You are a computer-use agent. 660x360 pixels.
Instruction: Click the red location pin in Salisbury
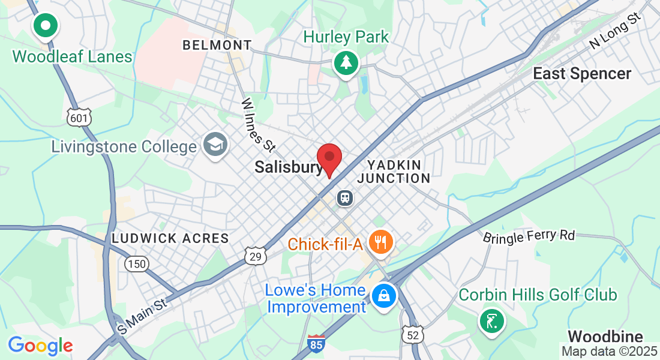point(329,158)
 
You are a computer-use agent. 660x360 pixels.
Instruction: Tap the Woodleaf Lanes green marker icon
point(46,26)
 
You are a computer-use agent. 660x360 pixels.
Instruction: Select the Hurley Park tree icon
point(346,62)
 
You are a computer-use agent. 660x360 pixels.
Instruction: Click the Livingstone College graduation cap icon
point(214,145)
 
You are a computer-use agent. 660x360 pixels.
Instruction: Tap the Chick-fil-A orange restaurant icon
point(380,243)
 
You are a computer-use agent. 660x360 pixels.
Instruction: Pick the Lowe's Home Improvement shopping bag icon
point(382,295)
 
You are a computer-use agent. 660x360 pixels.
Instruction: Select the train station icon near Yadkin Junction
point(344,197)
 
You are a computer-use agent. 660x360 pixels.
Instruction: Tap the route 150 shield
point(136,263)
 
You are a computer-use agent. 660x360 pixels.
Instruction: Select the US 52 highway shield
point(413,335)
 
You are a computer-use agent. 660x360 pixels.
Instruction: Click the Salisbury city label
point(289,167)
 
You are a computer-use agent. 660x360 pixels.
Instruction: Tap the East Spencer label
point(582,74)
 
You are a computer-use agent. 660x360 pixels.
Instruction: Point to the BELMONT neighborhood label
point(217,45)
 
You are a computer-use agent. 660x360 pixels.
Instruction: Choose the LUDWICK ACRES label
point(170,238)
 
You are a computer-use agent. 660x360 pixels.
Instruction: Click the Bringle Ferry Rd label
point(529,235)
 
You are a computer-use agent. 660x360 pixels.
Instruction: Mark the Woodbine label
point(605,336)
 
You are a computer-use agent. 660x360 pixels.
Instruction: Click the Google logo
point(40,346)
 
